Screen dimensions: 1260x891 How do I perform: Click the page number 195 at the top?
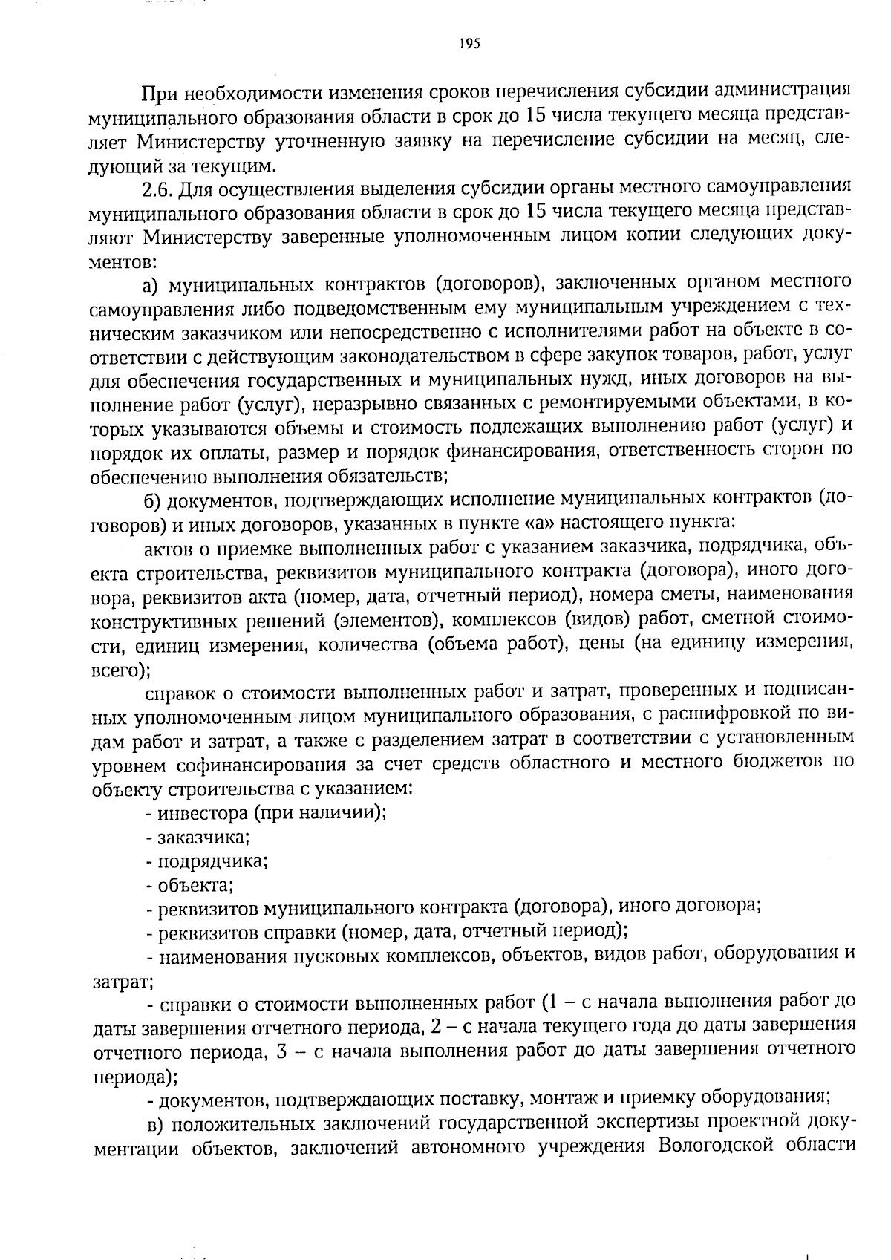(x=470, y=44)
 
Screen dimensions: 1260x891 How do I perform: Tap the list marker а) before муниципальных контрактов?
(x=152, y=284)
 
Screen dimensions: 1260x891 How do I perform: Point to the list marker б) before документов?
(x=153, y=501)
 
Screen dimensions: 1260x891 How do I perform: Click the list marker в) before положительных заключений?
(x=152, y=1123)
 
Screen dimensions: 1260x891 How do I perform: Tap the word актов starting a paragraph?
(x=168, y=549)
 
